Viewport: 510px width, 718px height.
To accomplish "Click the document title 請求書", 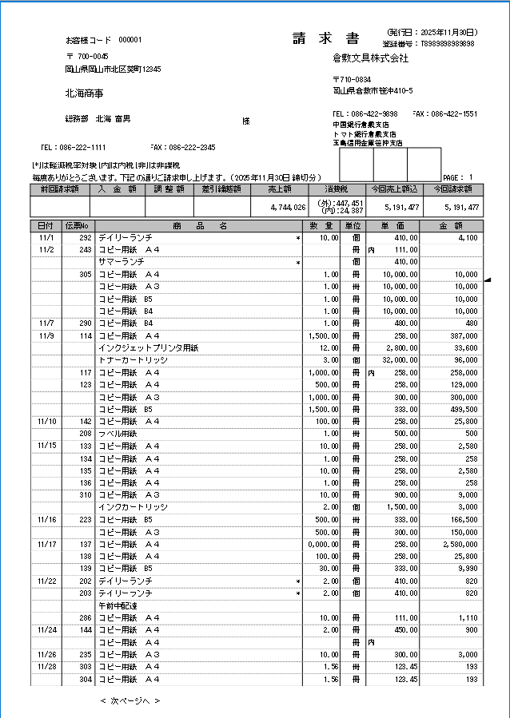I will click(325, 39).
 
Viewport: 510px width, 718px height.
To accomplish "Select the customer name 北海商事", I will click(84, 93).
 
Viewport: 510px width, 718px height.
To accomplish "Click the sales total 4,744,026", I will click(289, 207).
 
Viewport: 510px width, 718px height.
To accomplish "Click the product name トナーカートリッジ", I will click(133, 360).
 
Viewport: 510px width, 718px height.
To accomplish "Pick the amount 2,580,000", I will click(459, 544).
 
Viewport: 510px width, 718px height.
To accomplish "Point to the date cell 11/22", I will click(46, 581).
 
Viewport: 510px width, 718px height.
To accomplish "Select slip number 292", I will click(85, 238).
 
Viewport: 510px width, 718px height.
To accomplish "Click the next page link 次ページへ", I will click(130, 700).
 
